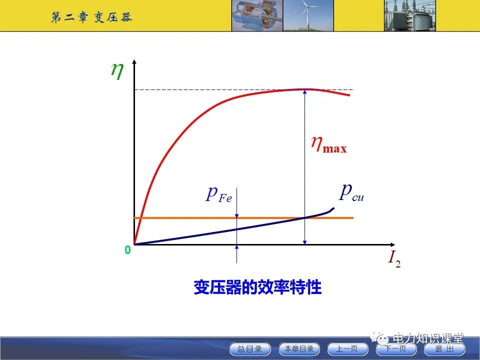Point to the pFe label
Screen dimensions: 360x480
click(x=219, y=194)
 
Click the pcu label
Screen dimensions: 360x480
click(x=351, y=192)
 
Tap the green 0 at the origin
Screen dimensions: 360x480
click(x=127, y=250)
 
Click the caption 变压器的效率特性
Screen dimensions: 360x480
click(x=257, y=288)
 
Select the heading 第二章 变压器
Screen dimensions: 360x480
click(x=91, y=17)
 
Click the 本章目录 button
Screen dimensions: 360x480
click(x=299, y=349)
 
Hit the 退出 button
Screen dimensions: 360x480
click(x=444, y=349)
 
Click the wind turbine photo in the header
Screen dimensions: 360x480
click(x=308, y=15)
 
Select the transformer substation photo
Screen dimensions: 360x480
click(x=410, y=15)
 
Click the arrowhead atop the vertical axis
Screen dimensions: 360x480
click(x=134, y=62)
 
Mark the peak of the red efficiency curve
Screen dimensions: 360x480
click(x=304, y=89)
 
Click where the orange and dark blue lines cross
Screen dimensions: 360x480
click(x=304, y=218)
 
